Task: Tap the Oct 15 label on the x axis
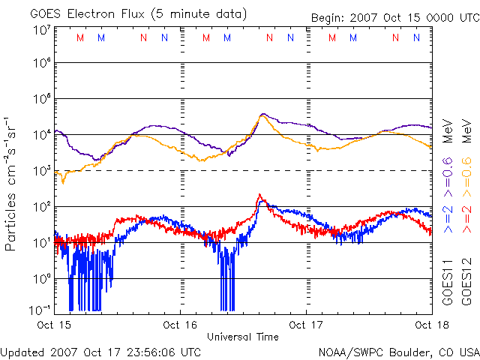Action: pyautogui.click(x=55, y=325)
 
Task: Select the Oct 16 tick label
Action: pyautogui.click(x=181, y=325)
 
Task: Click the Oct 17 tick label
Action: pyautogui.click(x=306, y=325)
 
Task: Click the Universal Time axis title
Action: pyautogui.click(x=242, y=337)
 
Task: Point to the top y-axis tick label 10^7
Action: pyautogui.click(x=41, y=30)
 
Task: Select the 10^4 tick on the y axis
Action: pyautogui.click(x=41, y=135)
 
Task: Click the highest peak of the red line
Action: pyautogui.click(x=259, y=195)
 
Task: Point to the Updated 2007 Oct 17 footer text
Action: pyautogui.click(x=100, y=351)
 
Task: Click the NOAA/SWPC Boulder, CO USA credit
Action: pyautogui.click(x=398, y=351)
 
